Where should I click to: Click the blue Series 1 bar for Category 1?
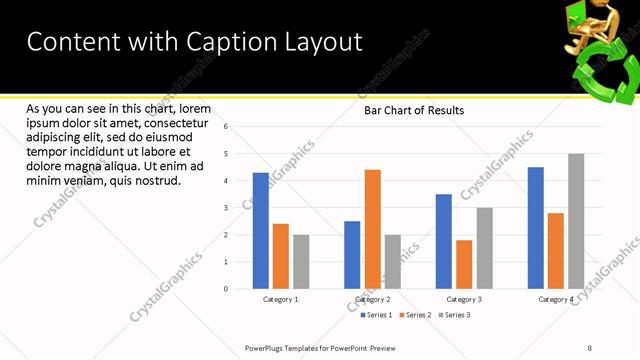260,230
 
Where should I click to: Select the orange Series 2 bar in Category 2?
372,229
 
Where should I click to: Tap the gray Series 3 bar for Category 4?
576,221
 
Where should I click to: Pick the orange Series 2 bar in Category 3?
464,264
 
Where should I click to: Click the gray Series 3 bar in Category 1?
301,261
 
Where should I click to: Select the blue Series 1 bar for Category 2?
352,254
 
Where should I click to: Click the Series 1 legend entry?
377,315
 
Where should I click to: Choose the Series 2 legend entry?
415,315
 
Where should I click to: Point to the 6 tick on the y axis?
226,127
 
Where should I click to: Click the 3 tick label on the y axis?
226,208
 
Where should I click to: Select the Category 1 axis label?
280,299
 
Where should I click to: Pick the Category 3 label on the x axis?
464,299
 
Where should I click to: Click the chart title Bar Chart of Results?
413,110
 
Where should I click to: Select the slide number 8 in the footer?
589,348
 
